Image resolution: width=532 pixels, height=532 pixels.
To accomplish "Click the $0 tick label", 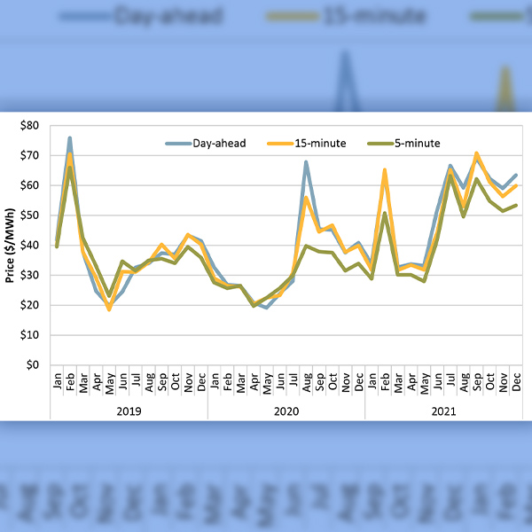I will (31, 364).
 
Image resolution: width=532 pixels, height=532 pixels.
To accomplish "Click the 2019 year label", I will (129, 411).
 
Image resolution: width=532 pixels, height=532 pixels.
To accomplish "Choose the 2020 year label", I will (286, 411).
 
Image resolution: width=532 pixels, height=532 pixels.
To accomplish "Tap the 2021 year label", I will (443, 411).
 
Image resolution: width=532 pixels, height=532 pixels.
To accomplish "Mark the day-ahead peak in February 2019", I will (69, 138).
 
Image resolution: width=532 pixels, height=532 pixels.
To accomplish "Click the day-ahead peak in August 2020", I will (306, 162).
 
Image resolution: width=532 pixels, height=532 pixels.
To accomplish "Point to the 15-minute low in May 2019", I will (109, 309).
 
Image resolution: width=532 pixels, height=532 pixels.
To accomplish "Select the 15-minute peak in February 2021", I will (384, 169).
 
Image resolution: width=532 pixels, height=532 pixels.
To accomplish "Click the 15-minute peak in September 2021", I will (476, 153).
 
